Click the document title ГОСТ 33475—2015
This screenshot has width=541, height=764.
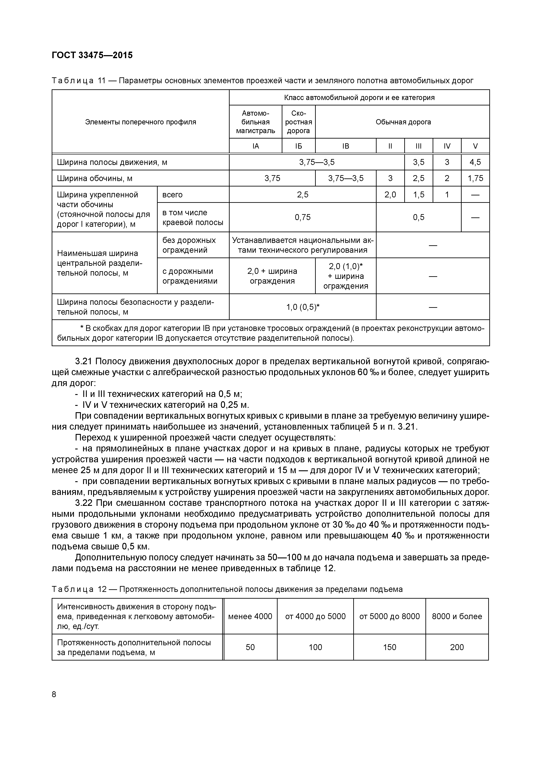pos(92,55)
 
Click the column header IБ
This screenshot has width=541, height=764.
pos(299,146)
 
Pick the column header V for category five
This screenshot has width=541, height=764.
pos(475,146)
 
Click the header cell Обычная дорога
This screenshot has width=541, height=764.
pos(403,122)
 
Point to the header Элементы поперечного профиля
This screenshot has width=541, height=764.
pos(141,122)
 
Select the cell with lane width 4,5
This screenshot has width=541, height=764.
pos(475,162)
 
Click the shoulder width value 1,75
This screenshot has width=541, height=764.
pos(475,178)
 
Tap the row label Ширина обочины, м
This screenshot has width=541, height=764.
pos(95,179)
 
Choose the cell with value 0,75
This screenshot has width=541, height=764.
pos(302,217)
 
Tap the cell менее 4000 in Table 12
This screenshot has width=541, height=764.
pos(250,617)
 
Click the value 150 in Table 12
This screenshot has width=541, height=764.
pos(389,647)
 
